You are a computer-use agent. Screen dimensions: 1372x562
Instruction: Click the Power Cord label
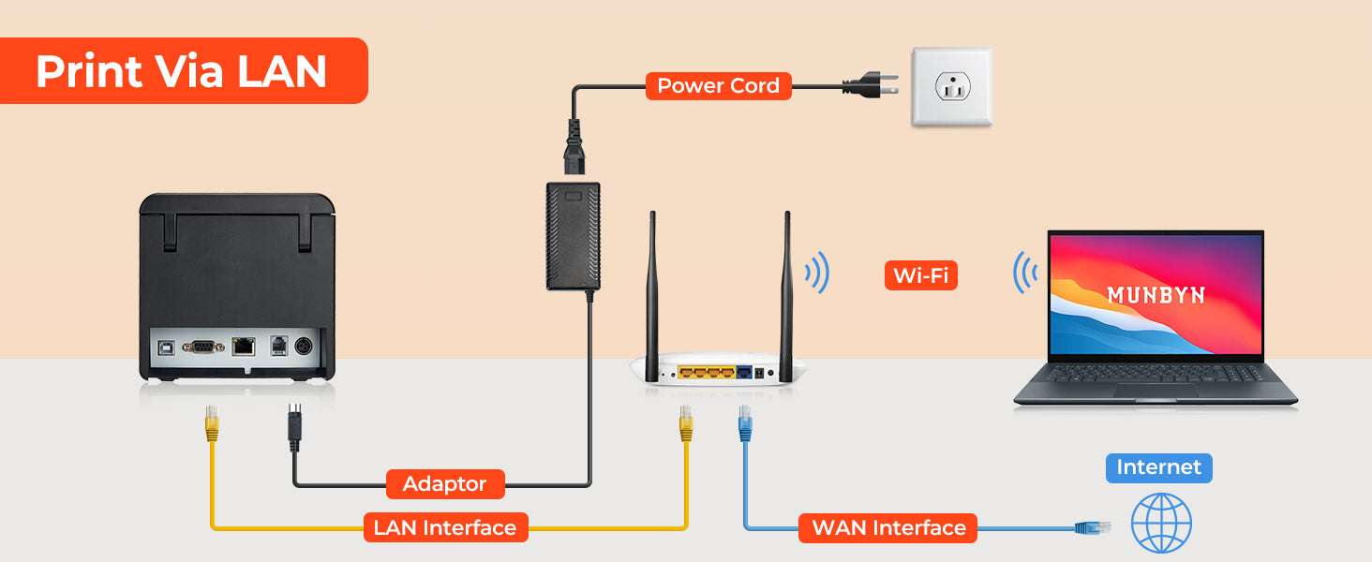(719, 86)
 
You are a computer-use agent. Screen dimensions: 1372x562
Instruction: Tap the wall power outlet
(952, 87)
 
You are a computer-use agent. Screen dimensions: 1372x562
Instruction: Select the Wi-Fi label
(920, 275)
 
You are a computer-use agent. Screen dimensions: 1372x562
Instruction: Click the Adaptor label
(445, 484)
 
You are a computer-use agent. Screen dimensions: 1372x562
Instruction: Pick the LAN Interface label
(445, 527)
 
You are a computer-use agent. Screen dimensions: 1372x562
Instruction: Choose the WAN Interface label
(888, 527)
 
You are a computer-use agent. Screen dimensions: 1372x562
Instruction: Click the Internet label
(1159, 467)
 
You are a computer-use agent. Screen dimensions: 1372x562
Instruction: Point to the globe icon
(1161, 524)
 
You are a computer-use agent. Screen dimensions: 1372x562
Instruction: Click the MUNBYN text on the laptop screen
(1156, 295)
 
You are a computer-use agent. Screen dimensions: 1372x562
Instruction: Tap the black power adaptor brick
(574, 236)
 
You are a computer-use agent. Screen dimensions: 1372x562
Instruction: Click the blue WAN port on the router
(744, 372)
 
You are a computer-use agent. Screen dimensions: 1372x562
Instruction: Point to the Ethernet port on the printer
(243, 347)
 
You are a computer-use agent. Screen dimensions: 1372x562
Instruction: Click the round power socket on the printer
(304, 347)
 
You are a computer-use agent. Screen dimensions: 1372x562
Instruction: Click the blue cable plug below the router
(745, 423)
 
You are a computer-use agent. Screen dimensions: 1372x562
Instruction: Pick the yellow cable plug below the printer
(212, 423)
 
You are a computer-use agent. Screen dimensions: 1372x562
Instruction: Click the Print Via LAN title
(181, 71)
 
